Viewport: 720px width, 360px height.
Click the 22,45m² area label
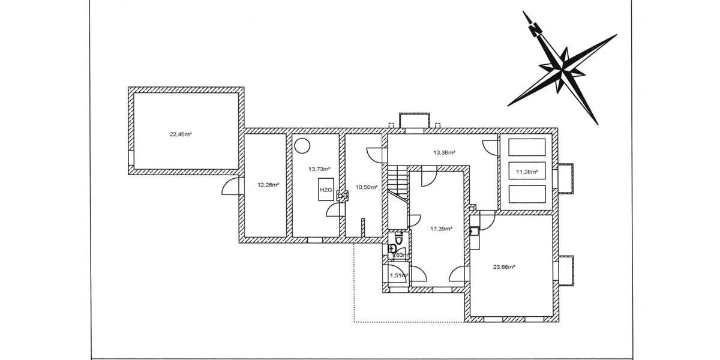tap(180, 134)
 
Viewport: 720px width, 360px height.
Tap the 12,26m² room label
tap(268, 185)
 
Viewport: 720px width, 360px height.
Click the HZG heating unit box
tap(325, 190)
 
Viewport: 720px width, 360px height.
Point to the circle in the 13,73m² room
tap(302, 145)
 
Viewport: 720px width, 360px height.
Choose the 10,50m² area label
tap(367, 187)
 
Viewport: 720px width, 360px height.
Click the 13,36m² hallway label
tap(444, 152)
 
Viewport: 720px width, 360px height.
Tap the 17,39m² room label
tap(441, 229)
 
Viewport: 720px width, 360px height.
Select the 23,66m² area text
tap(504, 267)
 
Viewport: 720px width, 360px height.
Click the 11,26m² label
tap(527, 172)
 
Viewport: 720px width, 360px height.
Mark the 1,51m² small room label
tap(399, 276)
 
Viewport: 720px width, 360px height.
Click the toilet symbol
tap(393, 248)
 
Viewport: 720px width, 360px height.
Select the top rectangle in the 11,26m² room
tap(526, 147)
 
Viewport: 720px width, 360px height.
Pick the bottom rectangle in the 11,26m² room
tap(526, 194)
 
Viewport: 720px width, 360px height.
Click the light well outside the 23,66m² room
tap(566, 270)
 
